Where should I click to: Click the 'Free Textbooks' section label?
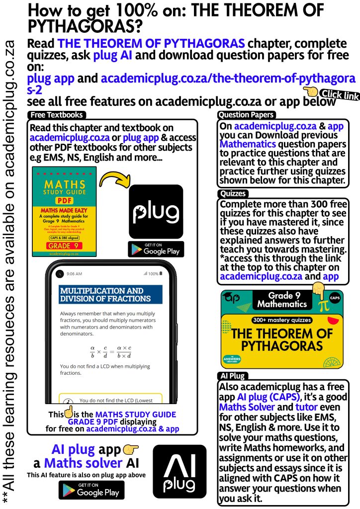click(x=56, y=115)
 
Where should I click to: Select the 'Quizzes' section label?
click(x=233, y=194)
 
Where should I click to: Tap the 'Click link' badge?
click(x=339, y=94)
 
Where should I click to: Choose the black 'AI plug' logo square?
click(x=179, y=471)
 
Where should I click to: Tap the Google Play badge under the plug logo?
click(x=156, y=250)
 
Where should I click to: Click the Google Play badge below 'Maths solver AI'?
click(x=91, y=490)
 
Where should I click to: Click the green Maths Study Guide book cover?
click(x=64, y=211)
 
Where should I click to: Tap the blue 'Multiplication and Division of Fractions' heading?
click(x=110, y=295)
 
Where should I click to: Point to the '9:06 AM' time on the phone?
click(x=75, y=274)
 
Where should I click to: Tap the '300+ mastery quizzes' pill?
click(x=282, y=321)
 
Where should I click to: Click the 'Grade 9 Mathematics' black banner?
click(x=281, y=300)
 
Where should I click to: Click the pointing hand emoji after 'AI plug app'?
click(x=130, y=450)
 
